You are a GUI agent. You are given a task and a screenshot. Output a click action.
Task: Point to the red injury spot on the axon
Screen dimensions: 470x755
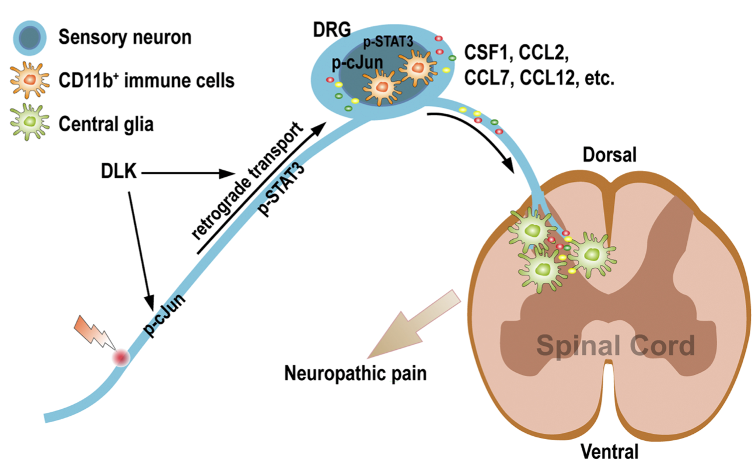121,357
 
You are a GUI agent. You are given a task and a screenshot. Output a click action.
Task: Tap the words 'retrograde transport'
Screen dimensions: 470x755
247,181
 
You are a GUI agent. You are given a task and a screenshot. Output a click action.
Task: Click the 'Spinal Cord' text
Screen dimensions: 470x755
616,345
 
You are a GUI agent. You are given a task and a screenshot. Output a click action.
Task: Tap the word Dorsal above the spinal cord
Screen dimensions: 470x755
608,155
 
